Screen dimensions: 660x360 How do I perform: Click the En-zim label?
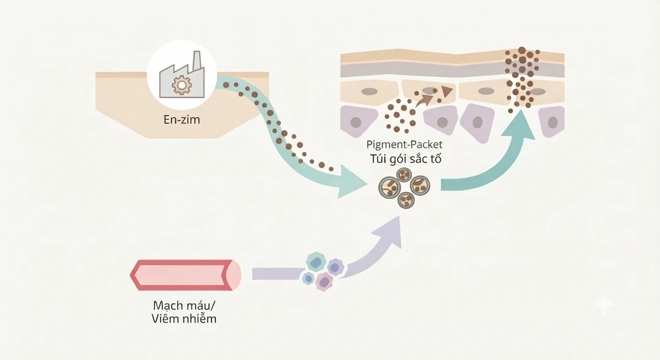coord(182,120)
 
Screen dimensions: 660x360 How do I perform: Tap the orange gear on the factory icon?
coord(182,85)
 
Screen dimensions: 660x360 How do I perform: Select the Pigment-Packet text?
coord(404,144)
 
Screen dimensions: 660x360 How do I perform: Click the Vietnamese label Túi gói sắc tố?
coord(406,159)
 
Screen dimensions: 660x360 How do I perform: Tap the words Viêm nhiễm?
coord(184,318)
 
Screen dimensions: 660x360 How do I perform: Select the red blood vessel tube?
coord(186,275)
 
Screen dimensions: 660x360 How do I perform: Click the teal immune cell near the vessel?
coord(316,262)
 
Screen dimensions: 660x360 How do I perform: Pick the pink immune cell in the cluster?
coord(324,282)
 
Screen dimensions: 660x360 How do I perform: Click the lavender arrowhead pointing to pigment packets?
coord(389,232)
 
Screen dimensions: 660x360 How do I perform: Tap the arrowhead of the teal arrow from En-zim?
coord(352,182)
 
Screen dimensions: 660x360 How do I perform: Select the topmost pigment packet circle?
coord(405,174)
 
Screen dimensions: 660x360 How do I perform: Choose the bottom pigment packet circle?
coord(406,200)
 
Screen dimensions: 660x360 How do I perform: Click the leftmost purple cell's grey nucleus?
coord(356,122)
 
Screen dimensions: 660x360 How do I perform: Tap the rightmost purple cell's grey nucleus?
coord(552,122)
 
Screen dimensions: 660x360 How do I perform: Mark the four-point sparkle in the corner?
coord(603,304)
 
